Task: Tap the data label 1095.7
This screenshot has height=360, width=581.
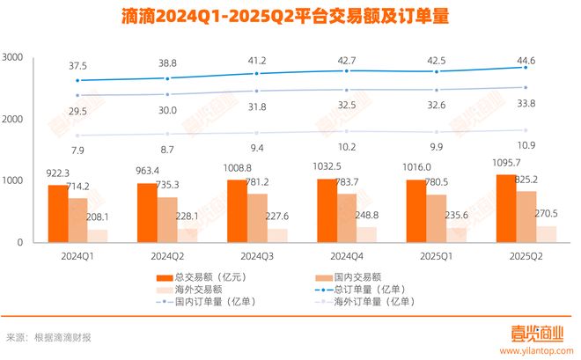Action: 522,164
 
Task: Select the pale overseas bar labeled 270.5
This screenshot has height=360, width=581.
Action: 546,233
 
